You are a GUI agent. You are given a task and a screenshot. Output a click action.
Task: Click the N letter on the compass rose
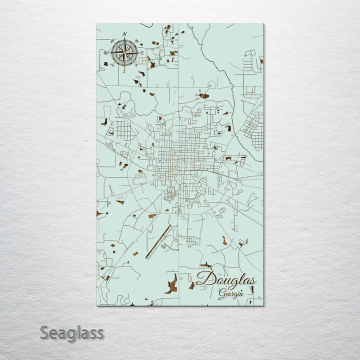(x=125, y=34)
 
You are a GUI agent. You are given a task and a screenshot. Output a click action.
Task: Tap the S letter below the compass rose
(x=124, y=71)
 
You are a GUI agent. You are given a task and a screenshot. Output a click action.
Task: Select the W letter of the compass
(x=106, y=52)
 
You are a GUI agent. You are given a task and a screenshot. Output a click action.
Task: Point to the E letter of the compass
(x=142, y=52)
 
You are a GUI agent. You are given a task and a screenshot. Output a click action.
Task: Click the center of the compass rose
(x=124, y=52)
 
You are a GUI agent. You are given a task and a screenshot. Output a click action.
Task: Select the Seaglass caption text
(x=72, y=332)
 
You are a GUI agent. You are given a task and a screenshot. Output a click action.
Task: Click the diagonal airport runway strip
(x=159, y=241)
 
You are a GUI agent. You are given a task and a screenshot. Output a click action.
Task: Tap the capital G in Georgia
(x=221, y=293)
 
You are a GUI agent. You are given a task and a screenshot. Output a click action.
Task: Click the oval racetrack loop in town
(x=170, y=190)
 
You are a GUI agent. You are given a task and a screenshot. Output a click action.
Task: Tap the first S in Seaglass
(x=44, y=332)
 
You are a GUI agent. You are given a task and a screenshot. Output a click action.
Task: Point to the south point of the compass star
(x=124, y=65)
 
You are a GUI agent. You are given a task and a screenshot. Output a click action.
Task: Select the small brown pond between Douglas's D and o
(x=206, y=265)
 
